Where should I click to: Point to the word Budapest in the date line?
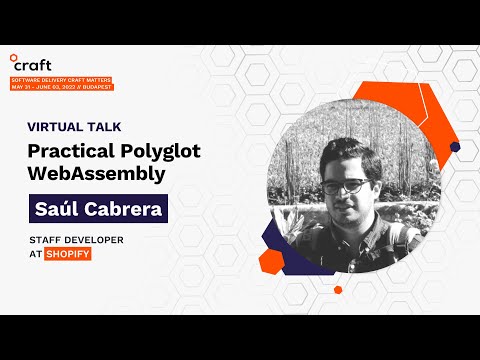(99, 86)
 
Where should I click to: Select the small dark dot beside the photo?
(455, 147)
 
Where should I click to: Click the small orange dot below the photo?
(338, 290)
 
